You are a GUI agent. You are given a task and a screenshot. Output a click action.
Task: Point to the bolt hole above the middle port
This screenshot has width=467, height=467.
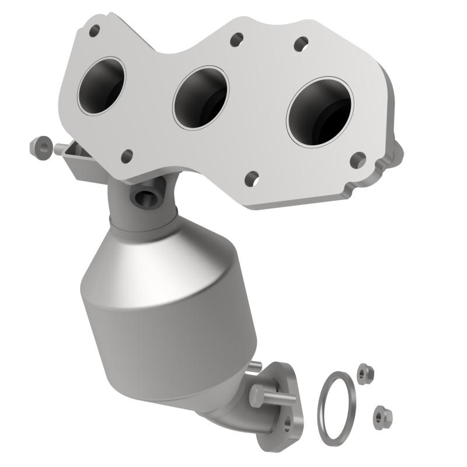click(x=236, y=40)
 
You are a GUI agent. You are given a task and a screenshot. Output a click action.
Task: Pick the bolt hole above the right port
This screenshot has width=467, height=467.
click(x=301, y=44)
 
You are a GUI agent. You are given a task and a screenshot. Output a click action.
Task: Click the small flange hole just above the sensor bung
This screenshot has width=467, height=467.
click(x=126, y=156)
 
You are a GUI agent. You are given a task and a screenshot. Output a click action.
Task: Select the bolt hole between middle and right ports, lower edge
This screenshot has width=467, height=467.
click(x=252, y=178)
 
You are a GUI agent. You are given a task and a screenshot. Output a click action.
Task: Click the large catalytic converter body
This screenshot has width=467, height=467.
click(x=163, y=304)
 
